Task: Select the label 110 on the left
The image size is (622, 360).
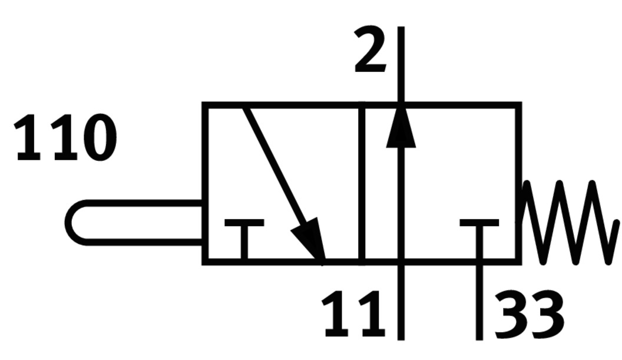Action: pyautogui.click(x=65, y=138)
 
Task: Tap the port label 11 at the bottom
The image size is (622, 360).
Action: pyautogui.click(x=352, y=314)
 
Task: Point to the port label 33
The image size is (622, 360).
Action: pyautogui.click(x=528, y=314)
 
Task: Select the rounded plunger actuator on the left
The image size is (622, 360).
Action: pyautogui.click(x=133, y=223)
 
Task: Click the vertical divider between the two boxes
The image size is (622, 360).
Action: pyautogui.click(x=362, y=183)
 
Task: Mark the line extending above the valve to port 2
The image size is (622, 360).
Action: pyautogui.click(x=401, y=65)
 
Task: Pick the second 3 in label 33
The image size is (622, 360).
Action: pyautogui.click(x=546, y=314)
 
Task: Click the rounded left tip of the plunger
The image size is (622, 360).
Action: pyautogui.click(x=70, y=223)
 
